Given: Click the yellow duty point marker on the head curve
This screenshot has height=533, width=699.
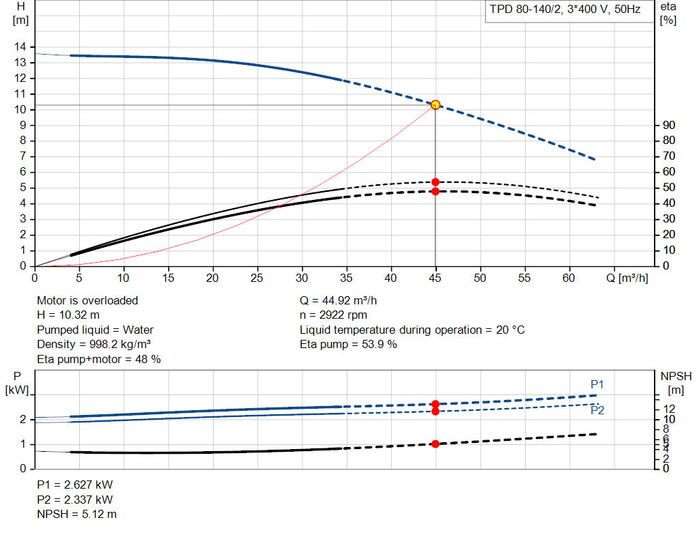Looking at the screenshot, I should coord(436,105).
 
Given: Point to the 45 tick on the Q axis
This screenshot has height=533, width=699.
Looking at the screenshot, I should coord(436,278).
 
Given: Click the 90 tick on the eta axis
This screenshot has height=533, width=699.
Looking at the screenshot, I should coord(669,125).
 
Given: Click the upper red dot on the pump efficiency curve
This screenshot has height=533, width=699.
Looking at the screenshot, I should coord(436,182).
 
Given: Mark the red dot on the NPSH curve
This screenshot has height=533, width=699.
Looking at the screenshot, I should coord(436,444).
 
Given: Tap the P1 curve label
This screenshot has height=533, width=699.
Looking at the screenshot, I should coord(597,385).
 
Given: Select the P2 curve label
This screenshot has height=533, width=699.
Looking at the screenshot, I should coord(597,411).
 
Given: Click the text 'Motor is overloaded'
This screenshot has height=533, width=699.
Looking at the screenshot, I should coord(87,300).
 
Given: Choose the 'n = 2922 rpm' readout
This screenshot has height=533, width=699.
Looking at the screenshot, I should coord(334,315).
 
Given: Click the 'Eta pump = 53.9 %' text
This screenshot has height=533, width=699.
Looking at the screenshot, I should coord(348,345).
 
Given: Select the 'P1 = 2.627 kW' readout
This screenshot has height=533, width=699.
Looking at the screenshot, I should coord(75,485).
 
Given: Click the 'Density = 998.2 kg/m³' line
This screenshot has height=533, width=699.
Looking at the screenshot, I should coord(94,345).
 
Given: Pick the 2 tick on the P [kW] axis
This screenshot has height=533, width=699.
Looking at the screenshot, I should coord(23,419).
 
